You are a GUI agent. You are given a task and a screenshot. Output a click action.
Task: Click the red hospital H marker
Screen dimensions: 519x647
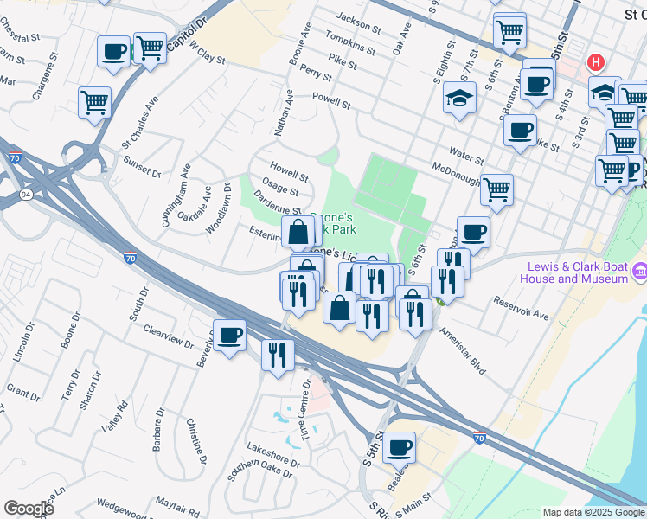(x=595, y=62)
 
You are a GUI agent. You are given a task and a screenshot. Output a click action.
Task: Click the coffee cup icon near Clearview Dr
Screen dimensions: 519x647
(x=229, y=336)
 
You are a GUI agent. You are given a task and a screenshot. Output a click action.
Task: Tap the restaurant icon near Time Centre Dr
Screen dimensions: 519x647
(x=278, y=355)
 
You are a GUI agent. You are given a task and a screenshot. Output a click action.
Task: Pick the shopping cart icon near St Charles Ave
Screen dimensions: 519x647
(x=94, y=101)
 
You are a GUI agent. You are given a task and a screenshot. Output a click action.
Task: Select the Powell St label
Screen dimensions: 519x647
(x=331, y=101)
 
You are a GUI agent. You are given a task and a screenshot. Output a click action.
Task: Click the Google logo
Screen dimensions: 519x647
(x=29, y=509)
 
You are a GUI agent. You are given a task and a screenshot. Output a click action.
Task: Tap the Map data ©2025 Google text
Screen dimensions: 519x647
(x=593, y=512)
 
